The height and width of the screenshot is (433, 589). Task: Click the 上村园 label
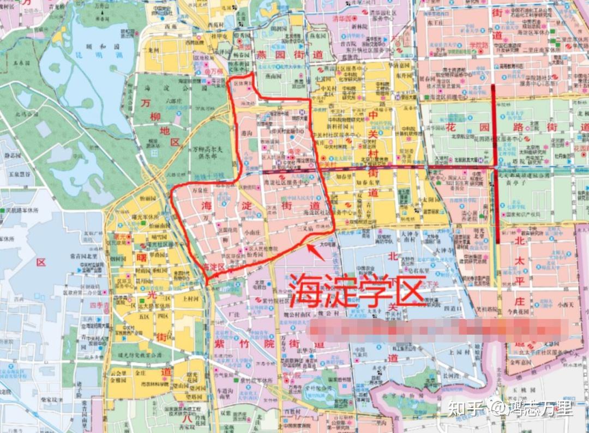click(191, 299)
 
